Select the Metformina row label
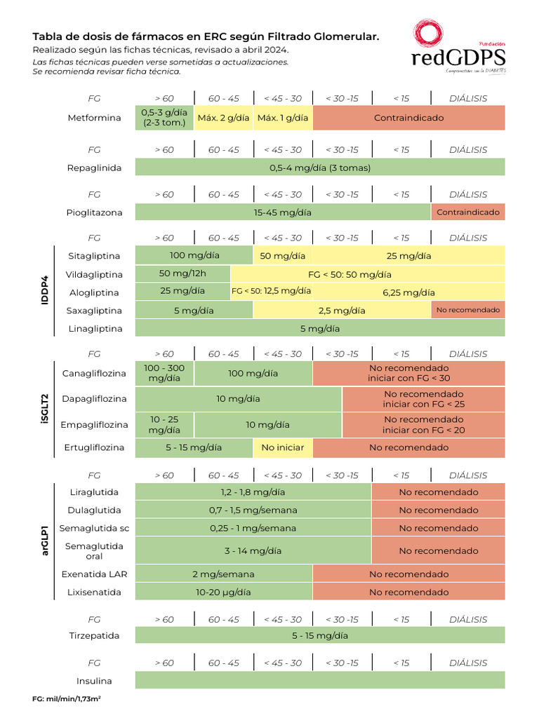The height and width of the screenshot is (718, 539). (x=94, y=118)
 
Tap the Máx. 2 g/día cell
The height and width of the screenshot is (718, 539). (x=224, y=118)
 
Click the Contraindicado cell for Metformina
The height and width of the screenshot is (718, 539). (x=408, y=118)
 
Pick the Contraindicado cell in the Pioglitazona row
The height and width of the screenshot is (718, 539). (x=467, y=212)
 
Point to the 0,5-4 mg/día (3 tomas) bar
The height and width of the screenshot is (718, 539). (x=319, y=168)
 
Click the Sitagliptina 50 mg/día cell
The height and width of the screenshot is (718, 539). (x=282, y=256)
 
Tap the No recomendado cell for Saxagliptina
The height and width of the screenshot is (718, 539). (x=467, y=310)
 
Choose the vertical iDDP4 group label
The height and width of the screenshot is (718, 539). (x=44, y=292)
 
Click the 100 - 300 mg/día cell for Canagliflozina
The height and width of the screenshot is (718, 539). (x=164, y=373)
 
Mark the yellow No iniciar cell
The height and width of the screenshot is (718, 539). (x=282, y=447)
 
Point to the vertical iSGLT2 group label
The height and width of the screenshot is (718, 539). (x=44, y=410)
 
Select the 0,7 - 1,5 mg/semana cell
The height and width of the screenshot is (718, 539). (x=253, y=510)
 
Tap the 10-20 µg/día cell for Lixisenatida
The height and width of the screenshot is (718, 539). (x=223, y=592)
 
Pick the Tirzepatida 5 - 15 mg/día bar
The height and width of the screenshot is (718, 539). (x=319, y=636)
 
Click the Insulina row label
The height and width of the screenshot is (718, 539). (x=94, y=681)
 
